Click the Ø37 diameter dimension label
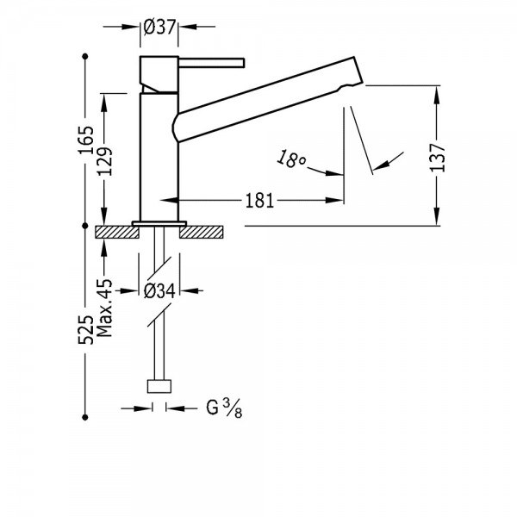point(159,27)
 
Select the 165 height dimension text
point(85,140)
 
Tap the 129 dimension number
point(105,161)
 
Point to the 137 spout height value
point(437,158)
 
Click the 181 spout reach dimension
point(259,201)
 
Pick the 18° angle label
point(291,159)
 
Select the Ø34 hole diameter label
point(159,291)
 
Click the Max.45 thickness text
point(105,308)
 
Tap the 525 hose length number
point(85,330)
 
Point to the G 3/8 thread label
point(224,408)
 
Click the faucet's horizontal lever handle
point(211,63)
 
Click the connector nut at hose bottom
point(159,386)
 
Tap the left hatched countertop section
point(117,232)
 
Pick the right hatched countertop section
point(201,232)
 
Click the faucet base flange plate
point(159,223)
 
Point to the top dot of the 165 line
point(85,56)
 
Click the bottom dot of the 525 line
point(85,417)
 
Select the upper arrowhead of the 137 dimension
point(437,95)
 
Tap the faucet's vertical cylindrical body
point(159,158)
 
